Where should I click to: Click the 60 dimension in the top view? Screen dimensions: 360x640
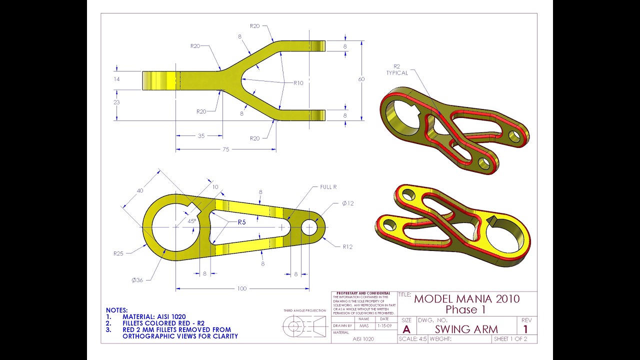click(x=361, y=79)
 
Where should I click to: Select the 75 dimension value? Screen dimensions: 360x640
click(x=225, y=149)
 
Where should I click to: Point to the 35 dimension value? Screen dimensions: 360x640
click(x=201, y=135)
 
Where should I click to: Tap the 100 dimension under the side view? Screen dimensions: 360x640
click(x=241, y=288)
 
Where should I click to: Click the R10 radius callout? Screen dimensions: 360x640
click(x=298, y=83)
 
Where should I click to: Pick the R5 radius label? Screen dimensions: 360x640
click(x=241, y=222)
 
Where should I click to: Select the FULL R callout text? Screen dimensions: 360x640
click(x=328, y=187)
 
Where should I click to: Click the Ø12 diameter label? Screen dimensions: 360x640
click(x=347, y=203)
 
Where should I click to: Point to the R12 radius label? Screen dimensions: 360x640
click(x=347, y=246)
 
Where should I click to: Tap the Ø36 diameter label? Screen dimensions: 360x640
click(x=137, y=280)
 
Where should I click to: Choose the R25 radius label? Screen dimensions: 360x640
click(x=118, y=253)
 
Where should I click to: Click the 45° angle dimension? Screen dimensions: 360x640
click(x=191, y=220)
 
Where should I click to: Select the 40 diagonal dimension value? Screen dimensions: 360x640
click(x=140, y=190)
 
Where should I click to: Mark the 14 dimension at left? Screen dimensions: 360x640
click(x=116, y=79)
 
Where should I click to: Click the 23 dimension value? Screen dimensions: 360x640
click(x=116, y=102)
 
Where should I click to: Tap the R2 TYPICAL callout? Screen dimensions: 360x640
click(x=397, y=69)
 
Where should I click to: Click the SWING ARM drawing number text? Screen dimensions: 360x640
click(x=466, y=329)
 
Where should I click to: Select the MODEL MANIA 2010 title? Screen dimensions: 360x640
click(x=466, y=299)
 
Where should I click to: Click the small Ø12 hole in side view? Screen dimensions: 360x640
click(x=309, y=227)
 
